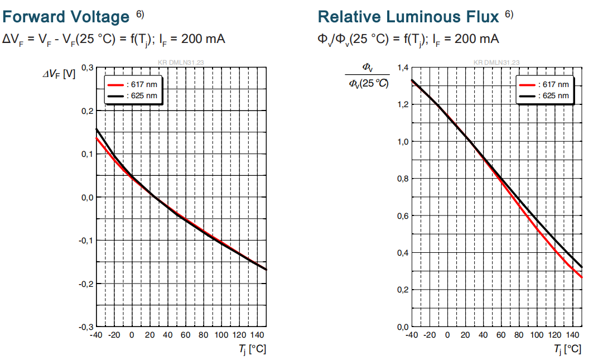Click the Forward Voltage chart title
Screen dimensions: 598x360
(x=66, y=17)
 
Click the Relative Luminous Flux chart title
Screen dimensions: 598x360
(x=408, y=17)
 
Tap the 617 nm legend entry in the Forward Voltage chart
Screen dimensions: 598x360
(x=132, y=85)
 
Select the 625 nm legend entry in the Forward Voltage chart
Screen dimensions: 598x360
(x=132, y=96)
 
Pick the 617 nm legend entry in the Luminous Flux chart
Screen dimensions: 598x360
(x=544, y=85)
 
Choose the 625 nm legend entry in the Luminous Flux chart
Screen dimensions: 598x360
(x=544, y=96)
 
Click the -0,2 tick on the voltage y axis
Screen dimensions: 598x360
(x=86, y=284)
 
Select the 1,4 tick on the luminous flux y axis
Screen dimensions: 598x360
(x=403, y=68)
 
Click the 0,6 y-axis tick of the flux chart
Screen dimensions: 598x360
(x=403, y=216)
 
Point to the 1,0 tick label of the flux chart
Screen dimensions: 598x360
(x=403, y=142)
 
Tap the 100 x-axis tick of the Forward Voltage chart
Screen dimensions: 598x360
(x=221, y=335)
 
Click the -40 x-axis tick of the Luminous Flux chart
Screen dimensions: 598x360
(x=412, y=335)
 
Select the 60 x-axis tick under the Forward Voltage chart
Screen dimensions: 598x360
(x=185, y=335)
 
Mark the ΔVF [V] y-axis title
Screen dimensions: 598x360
(x=59, y=74)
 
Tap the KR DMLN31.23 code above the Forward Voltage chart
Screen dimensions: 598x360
(x=181, y=63)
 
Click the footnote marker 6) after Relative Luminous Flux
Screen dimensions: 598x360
(x=509, y=14)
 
